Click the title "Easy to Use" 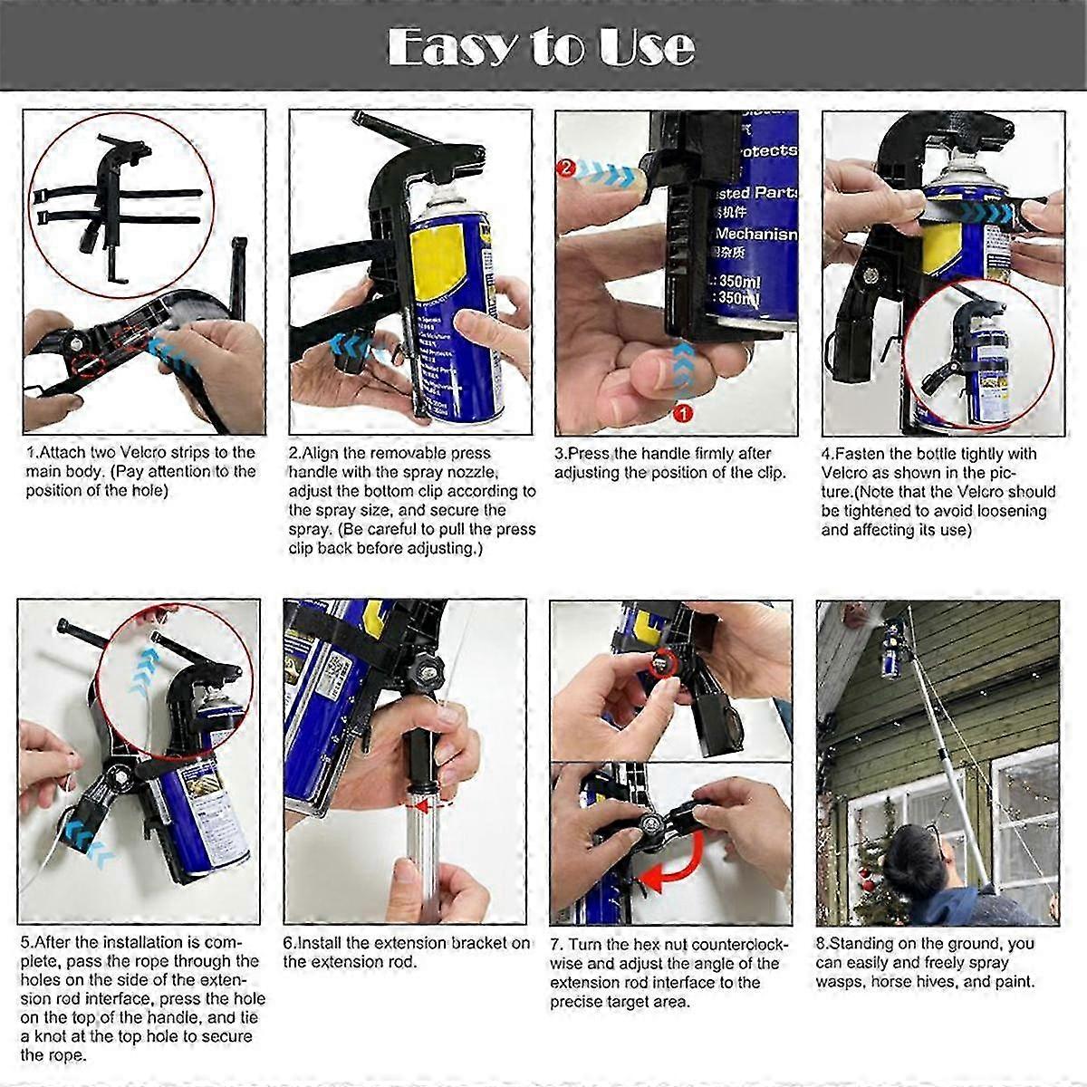542,46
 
